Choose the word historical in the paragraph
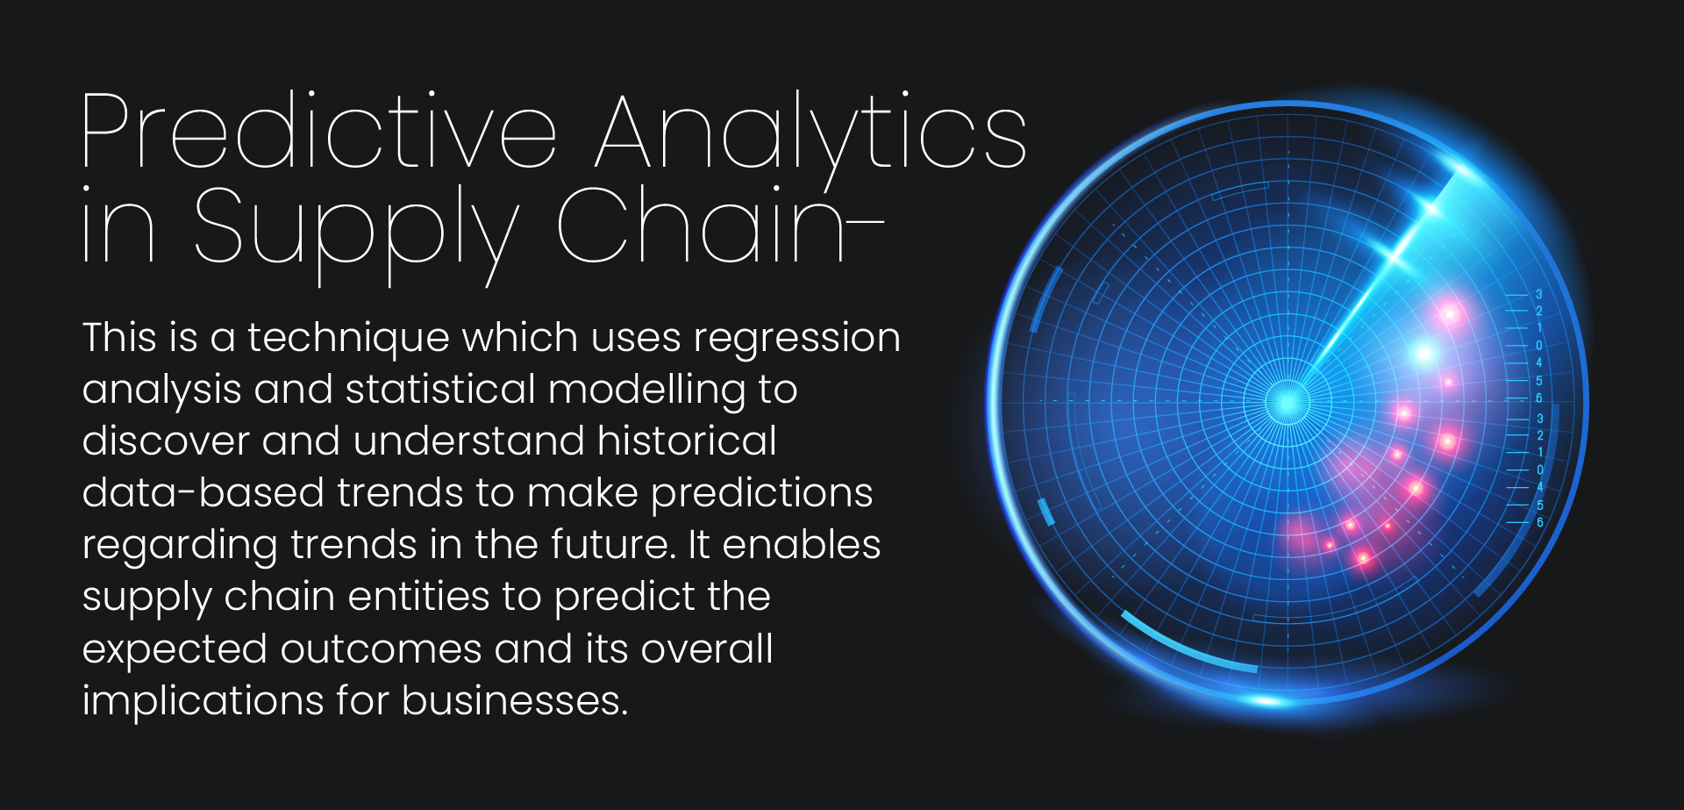click(687, 441)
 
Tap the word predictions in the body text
click(762, 494)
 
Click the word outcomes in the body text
click(381, 649)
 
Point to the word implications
click(203, 702)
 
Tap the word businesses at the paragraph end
click(515, 700)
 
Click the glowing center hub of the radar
click(1288, 401)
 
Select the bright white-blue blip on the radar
click(1424, 354)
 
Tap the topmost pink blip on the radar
click(1449, 312)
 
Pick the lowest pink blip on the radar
click(1363, 556)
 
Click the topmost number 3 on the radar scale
click(1539, 295)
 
